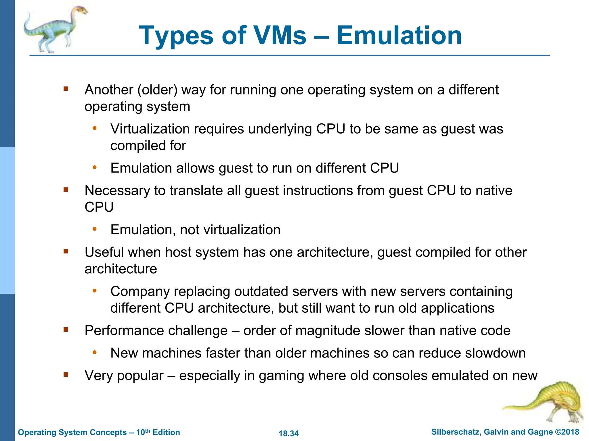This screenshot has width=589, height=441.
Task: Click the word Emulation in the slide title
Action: pyautogui.click(x=399, y=36)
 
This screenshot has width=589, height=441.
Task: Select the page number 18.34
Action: pyautogui.click(x=288, y=433)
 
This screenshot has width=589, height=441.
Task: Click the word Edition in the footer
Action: pyautogui.click(x=166, y=432)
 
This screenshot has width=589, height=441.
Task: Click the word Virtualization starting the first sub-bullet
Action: pyautogui.click(x=150, y=129)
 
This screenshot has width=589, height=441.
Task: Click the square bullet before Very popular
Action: pyautogui.click(x=66, y=374)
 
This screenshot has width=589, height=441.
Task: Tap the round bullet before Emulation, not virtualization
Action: pyautogui.click(x=95, y=229)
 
